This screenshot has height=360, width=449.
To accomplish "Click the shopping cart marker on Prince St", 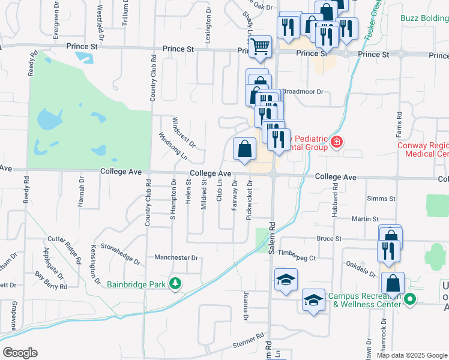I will coord(260,46).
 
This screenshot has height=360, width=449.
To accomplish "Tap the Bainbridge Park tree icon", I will coord(175,283).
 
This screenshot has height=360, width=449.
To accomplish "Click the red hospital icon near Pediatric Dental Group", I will coord(337,142).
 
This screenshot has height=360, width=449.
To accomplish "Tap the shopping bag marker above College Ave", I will coord(244,149).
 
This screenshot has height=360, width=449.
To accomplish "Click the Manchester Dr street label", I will coord(176,257).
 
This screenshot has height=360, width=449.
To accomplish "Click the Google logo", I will coord(20,353).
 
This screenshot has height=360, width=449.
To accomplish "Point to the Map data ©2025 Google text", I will coord(411,355).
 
